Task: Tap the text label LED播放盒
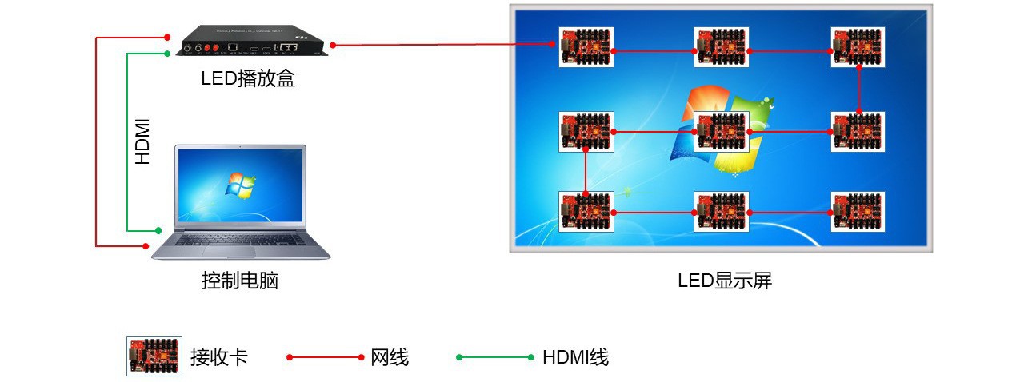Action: tap(248, 78)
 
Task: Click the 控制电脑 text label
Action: tap(240, 281)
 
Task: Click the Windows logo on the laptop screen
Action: tap(239, 185)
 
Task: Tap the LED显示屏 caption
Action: tap(725, 281)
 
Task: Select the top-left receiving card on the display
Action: tap(586, 49)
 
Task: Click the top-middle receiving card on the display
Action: tap(722, 49)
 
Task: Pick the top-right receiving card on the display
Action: tap(858, 49)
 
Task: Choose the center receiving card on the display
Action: tap(722, 131)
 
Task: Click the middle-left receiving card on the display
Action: tap(586, 131)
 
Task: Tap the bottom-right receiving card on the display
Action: tap(858, 212)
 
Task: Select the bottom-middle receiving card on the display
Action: tap(722, 212)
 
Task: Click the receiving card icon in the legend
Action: tap(154, 356)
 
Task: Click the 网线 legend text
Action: tap(390, 357)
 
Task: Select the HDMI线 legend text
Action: tap(575, 357)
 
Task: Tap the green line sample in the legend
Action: tap(494, 357)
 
